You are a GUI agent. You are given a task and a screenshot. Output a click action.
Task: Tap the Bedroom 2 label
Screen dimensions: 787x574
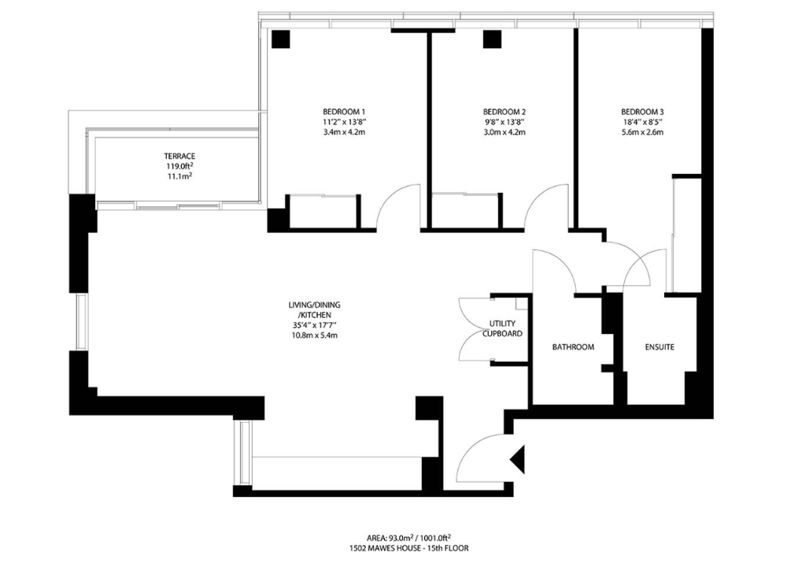[x=504, y=112]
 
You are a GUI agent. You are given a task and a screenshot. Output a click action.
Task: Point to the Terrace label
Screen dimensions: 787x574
[x=179, y=156]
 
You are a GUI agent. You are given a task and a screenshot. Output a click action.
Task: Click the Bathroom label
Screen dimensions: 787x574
[x=573, y=347]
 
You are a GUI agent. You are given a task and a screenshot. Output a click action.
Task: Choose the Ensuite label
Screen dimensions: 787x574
[x=660, y=347]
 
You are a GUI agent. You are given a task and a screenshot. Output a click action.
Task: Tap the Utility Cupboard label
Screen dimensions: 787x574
[x=502, y=328]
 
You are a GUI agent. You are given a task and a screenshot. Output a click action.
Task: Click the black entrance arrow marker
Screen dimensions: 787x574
[x=518, y=459]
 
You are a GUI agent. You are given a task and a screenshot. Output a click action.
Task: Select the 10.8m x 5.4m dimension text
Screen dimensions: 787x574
[x=314, y=335]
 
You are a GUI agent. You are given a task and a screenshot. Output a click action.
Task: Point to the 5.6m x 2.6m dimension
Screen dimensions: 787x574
[x=642, y=132]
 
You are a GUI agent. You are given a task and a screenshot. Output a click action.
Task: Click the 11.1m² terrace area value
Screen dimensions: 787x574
[x=179, y=176]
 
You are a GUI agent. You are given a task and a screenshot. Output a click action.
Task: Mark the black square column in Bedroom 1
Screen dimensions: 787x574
[x=281, y=39]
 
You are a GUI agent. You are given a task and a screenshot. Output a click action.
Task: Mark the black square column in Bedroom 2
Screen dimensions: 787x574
[x=492, y=39]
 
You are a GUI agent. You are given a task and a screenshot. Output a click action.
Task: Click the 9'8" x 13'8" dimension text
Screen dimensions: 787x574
[x=504, y=122]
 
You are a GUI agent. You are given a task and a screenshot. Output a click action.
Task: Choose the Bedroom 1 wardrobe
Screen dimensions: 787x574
[x=323, y=212]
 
